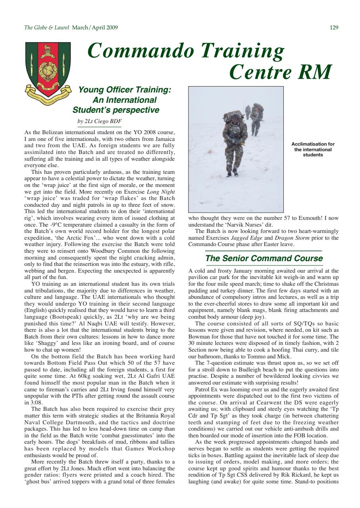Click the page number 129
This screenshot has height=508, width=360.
334,27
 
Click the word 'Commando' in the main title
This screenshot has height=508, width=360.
141,50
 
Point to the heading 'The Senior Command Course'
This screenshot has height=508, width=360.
264,258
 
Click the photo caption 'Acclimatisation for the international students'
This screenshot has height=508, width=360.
313,150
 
